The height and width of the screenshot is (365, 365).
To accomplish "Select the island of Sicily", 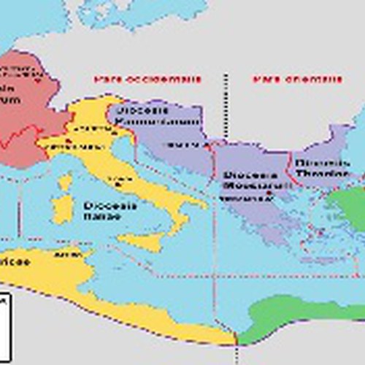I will coord(150,241).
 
